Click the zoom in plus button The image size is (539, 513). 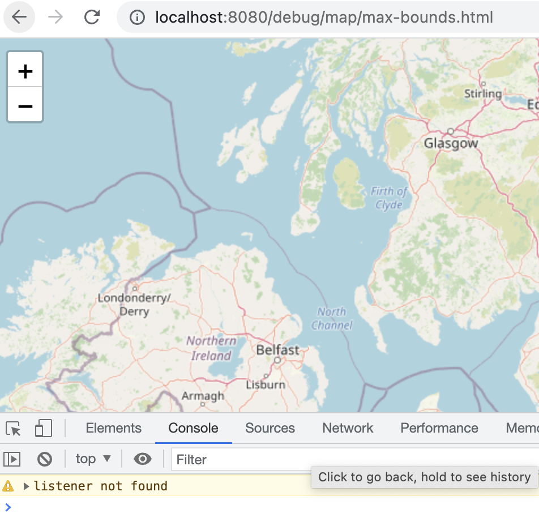[x=25, y=71]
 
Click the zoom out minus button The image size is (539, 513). [x=25, y=105]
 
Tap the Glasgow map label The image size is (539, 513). [x=451, y=143]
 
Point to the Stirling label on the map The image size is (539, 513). [x=482, y=93]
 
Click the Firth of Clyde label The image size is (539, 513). [x=389, y=198]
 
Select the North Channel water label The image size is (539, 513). [x=332, y=318]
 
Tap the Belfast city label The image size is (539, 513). [x=277, y=350]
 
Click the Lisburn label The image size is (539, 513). [x=266, y=384]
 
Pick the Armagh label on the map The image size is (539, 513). [x=203, y=396]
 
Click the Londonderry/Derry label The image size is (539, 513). [x=134, y=304]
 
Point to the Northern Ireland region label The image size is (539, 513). [x=211, y=348]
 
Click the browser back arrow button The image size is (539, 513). [x=19, y=17]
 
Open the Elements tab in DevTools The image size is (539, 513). [x=113, y=428]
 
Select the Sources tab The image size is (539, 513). [x=269, y=428]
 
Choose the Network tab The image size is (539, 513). [x=348, y=428]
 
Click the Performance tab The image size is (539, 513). [x=439, y=428]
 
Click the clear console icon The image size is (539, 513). [x=45, y=459]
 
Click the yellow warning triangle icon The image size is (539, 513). [x=8, y=486]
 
